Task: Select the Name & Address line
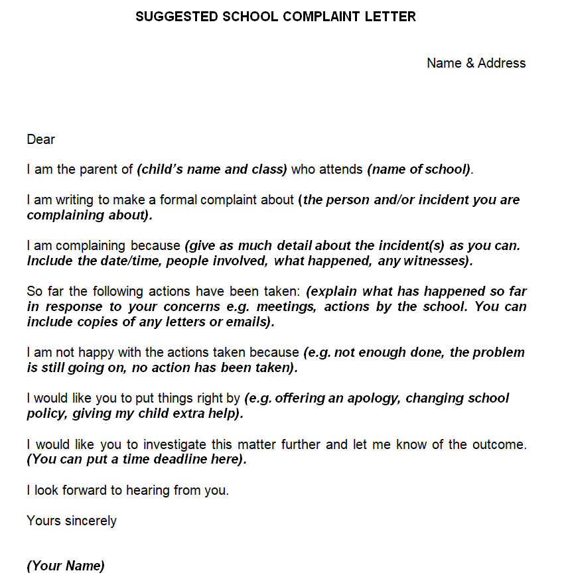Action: pos(476,63)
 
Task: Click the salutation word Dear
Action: pos(41,139)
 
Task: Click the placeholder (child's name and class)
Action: pos(212,169)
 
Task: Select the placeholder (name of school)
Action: pos(419,169)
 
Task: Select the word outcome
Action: pos(500,444)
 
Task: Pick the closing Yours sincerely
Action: pos(72,521)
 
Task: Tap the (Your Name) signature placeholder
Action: pos(66,566)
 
